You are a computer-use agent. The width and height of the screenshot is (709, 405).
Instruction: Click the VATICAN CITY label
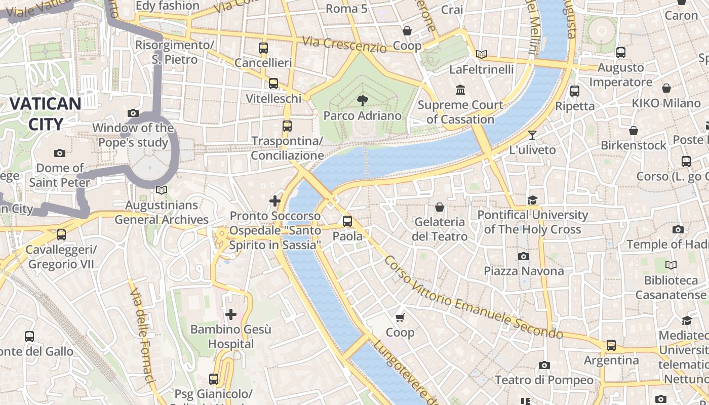pos(45,114)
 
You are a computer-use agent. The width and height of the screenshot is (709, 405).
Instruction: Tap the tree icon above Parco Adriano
pos(362,100)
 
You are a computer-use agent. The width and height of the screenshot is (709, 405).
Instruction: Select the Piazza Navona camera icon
pos(524,257)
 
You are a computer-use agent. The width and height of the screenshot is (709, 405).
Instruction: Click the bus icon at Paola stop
pos(347,221)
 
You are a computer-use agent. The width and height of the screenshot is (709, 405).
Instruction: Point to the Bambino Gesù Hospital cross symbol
pos(231,314)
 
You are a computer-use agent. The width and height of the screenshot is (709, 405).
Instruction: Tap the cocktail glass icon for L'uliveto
pos(532,135)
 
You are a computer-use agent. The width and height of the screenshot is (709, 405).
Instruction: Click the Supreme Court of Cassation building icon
pos(460,90)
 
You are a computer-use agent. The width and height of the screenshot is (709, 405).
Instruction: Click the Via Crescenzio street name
pos(344,44)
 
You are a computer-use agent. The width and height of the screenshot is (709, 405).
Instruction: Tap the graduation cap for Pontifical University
pos(532,200)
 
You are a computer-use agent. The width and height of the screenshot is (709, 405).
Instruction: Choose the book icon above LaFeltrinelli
pos(481,54)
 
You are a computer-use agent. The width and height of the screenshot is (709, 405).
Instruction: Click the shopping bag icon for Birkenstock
pos(633,131)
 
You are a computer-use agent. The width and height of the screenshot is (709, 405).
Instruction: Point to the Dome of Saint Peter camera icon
pos(59,153)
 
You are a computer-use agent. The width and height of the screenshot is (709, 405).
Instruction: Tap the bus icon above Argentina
pos(611,345)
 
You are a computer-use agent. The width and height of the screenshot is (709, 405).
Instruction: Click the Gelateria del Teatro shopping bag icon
pos(439,207)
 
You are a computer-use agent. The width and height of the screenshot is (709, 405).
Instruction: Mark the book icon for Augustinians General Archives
pos(161,190)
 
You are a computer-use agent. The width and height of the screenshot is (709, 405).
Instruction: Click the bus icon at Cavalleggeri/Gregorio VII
pos(61,235)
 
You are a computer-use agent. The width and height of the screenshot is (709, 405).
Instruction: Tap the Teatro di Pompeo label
pos(544,380)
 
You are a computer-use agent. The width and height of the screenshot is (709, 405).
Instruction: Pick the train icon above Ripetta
pos(574,91)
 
